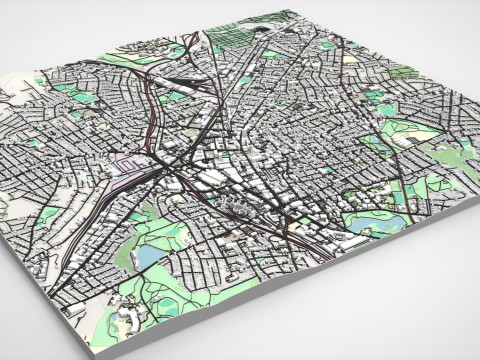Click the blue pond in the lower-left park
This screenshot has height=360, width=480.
148,259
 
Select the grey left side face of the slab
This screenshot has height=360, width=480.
40,310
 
